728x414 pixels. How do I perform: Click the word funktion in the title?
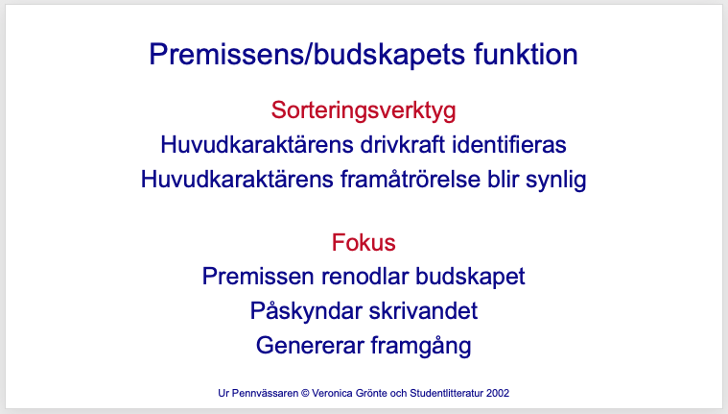(x=526, y=54)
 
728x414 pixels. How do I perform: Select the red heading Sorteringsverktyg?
(x=364, y=111)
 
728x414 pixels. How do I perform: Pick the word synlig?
(x=556, y=180)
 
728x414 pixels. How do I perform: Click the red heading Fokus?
(x=364, y=242)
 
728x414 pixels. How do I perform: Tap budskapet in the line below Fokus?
(x=470, y=278)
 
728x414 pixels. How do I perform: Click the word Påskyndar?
(x=306, y=310)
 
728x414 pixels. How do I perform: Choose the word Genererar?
(x=310, y=346)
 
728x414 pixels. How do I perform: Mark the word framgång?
(x=421, y=346)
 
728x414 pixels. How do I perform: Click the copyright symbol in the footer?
(x=305, y=393)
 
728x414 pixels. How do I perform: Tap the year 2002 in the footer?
(x=498, y=393)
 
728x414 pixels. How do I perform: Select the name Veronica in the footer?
(x=333, y=393)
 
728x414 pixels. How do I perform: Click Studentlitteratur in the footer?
(x=447, y=393)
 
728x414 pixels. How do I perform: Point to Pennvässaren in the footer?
(x=265, y=393)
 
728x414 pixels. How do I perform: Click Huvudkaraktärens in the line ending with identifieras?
(x=257, y=144)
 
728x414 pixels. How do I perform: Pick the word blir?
(x=503, y=179)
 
